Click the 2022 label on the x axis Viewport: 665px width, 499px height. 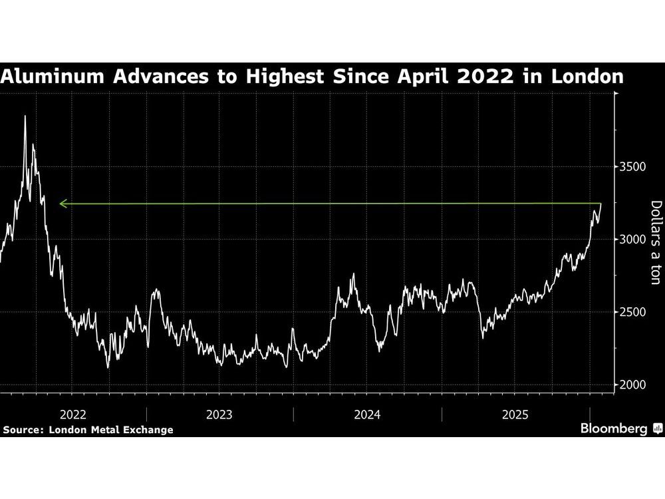[72, 415]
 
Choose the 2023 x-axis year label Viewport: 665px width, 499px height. [219, 415]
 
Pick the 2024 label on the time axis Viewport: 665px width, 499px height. [367, 415]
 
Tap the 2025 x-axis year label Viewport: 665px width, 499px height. [515, 415]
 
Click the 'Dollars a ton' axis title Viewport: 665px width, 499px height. [655, 242]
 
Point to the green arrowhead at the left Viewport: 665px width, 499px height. [62, 204]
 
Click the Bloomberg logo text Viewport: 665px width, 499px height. [614, 429]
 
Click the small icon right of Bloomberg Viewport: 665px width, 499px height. [657, 429]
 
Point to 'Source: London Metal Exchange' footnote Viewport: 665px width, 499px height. [88, 430]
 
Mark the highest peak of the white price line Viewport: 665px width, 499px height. [25, 116]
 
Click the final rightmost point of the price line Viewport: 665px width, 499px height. [600, 204]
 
